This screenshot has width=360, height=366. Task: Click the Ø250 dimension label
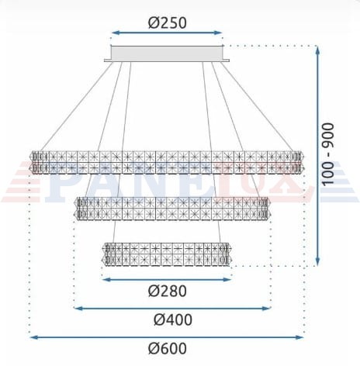click(x=168, y=22)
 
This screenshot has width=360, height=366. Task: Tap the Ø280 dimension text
click(x=168, y=291)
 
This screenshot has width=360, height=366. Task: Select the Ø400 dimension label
click(x=173, y=319)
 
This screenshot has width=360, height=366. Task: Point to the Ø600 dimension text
click(x=168, y=348)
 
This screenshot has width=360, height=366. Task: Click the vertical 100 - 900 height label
click(x=328, y=154)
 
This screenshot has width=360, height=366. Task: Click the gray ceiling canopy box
click(x=167, y=54)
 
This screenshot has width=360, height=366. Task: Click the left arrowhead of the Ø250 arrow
click(x=114, y=33)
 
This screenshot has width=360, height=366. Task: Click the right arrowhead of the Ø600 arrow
click(x=300, y=337)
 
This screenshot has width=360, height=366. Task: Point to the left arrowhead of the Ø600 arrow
click(x=33, y=337)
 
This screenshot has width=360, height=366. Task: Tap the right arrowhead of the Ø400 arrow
click(x=268, y=309)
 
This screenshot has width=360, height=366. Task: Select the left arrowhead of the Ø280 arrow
click(x=106, y=279)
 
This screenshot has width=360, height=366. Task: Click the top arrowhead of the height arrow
click(x=318, y=49)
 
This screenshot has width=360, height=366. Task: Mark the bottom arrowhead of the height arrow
click(x=318, y=262)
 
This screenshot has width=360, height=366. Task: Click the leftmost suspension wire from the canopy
click(x=77, y=106)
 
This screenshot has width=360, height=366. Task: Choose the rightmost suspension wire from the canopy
click(x=257, y=106)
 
